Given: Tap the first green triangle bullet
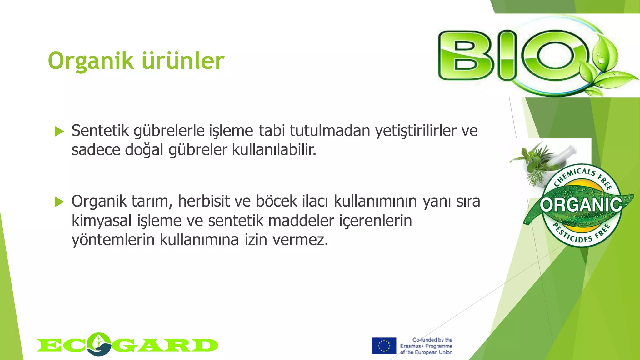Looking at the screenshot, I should (x=59, y=132).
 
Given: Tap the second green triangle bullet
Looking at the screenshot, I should (x=59, y=202).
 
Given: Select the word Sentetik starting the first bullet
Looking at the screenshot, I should (x=100, y=131).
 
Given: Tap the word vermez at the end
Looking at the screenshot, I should (x=300, y=240).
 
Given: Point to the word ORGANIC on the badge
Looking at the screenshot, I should (x=581, y=205).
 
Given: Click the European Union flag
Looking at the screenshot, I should (x=384, y=346).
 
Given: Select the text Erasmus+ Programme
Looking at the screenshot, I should (x=426, y=346).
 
